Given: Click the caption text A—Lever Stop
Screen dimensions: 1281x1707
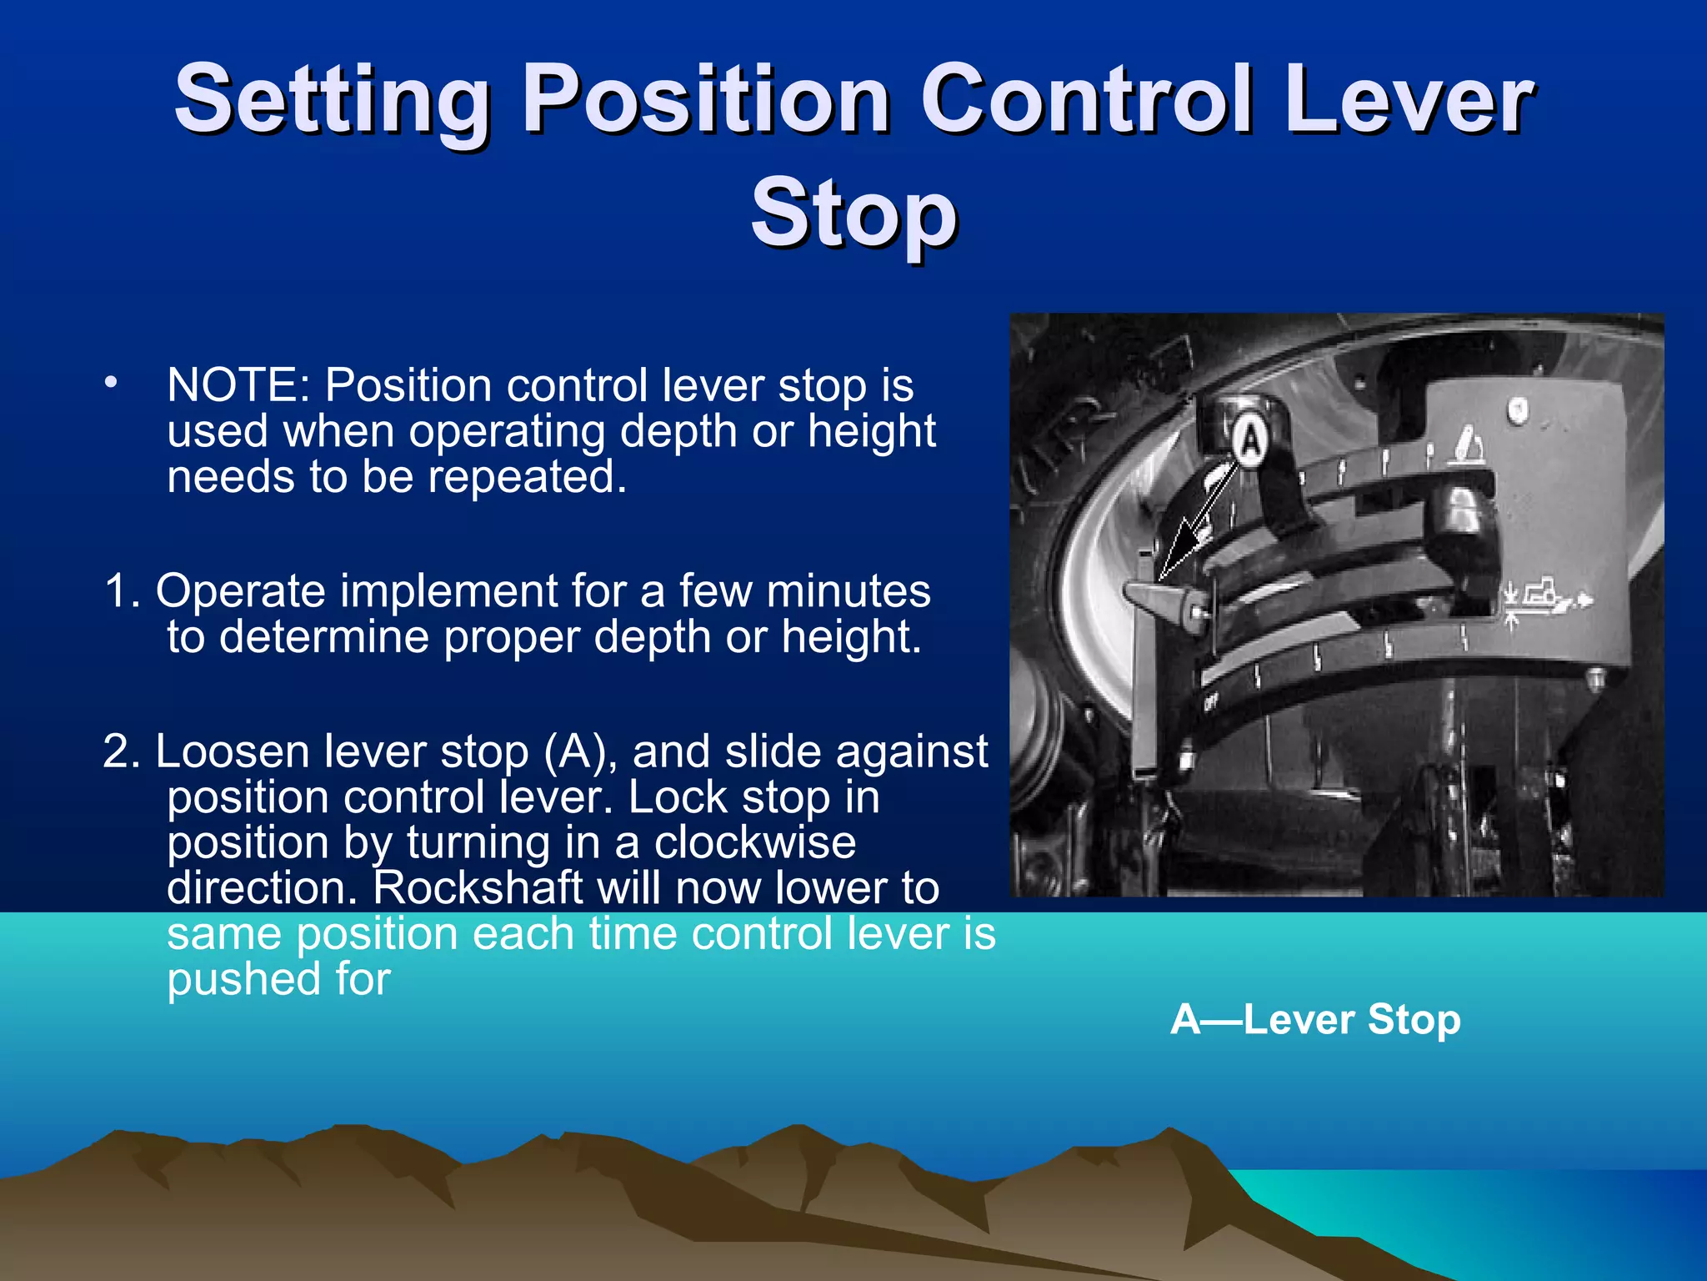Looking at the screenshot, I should tap(1315, 1019).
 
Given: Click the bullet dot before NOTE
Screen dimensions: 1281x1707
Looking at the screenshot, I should tap(111, 383).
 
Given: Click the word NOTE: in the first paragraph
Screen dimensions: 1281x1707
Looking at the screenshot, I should tap(238, 385).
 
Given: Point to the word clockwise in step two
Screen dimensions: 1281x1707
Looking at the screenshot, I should tap(754, 842).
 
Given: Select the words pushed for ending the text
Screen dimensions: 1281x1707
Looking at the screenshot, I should tap(278, 979).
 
